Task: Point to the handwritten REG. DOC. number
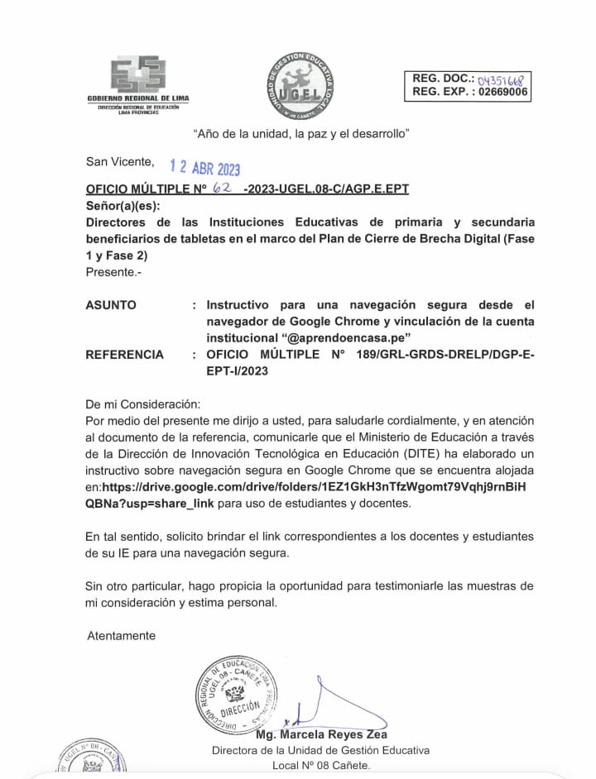502,79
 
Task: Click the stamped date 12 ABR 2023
204,168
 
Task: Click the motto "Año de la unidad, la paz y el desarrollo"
301,132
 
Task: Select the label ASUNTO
111,305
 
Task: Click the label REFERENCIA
124,355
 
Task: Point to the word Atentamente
121,636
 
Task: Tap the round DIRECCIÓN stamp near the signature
237,694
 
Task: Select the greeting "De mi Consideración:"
142,404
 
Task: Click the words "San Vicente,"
119,161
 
